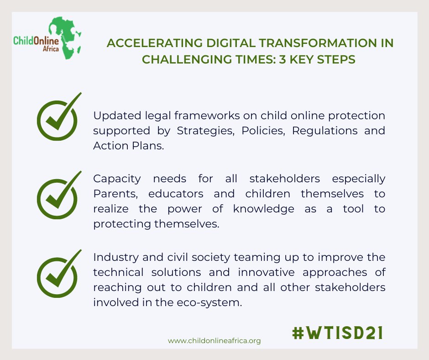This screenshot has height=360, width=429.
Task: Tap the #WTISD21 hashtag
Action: point(337,333)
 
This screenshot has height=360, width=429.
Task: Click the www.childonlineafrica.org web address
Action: point(214,341)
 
